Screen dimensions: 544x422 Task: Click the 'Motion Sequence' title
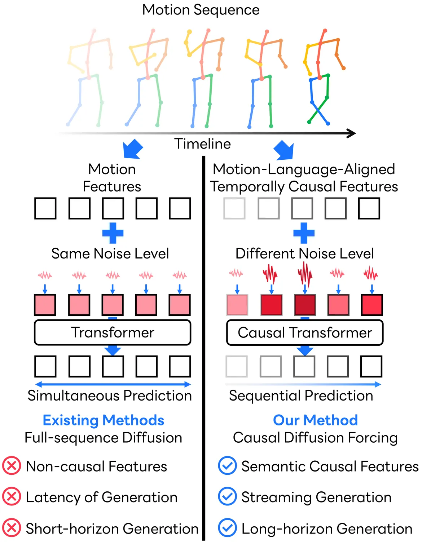(201, 10)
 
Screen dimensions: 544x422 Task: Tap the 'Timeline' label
(202, 144)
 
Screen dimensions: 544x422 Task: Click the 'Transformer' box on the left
(113, 332)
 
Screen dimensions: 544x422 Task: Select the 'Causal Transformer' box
(305, 332)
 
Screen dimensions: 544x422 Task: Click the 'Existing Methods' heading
(103, 420)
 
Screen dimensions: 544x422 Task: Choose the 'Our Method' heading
(315, 420)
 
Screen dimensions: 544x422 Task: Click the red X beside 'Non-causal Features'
(12, 466)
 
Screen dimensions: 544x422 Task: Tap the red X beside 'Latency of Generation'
(12, 497)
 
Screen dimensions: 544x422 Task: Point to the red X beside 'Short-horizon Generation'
(12, 528)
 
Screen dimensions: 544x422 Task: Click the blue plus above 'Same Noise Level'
(113, 233)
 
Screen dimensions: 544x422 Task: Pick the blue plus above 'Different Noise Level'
(304, 233)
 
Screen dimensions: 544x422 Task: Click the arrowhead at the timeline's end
(352, 133)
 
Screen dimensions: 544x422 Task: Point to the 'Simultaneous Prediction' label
(110, 396)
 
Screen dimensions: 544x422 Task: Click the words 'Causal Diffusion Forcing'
(315, 438)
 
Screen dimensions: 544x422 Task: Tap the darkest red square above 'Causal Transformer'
(305, 305)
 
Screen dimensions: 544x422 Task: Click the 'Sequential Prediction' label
(301, 396)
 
